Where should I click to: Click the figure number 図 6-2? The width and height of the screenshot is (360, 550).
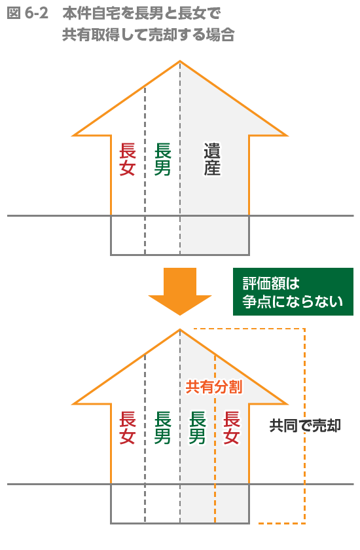pyautogui.click(x=27, y=13)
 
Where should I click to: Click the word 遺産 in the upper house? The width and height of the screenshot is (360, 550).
pyautogui.click(x=213, y=159)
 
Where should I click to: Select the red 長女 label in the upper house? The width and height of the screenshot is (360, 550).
pyautogui.click(x=127, y=159)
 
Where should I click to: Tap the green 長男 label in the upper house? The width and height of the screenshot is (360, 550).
pyautogui.click(x=162, y=159)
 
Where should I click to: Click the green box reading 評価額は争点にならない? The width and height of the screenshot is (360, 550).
pyautogui.click(x=293, y=291)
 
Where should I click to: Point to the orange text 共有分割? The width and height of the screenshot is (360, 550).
pyautogui.click(x=214, y=387)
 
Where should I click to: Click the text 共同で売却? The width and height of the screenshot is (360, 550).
pyautogui.click(x=305, y=426)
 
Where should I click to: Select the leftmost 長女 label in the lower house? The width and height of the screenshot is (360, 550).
pyautogui.click(x=127, y=428)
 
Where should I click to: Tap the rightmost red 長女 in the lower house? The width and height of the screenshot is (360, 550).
pyautogui.click(x=231, y=428)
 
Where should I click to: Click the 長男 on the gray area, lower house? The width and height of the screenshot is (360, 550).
pyautogui.click(x=197, y=428)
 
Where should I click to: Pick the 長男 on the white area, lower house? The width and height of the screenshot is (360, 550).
pyautogui.click(x=162, y=428)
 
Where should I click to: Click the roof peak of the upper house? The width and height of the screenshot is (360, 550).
pyautogui.click(x=180, y=62)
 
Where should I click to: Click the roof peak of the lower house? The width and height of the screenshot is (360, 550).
pyautogui.click(x=180, y=330)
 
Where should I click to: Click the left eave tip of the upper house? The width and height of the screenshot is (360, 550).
pyautogui.click(x=73, y=135)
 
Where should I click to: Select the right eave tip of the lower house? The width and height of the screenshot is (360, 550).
pyautogui.click(x=287, y=404)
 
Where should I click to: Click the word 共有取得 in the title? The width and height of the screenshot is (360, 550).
pyautogui.click(x=91, y=34)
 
